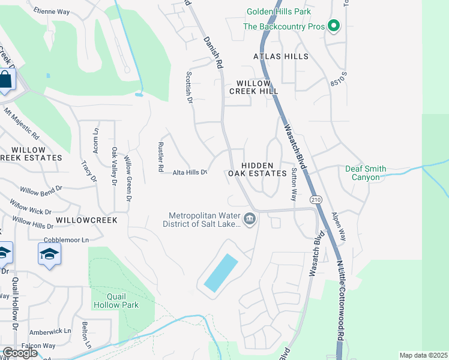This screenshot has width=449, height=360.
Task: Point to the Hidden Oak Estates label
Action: [x=258, y=169]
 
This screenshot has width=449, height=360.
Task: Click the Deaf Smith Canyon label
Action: [x=366, y=173]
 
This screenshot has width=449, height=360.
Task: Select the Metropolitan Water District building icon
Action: [x=250, y=220]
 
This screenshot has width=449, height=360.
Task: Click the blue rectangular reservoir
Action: [x=220, y=273]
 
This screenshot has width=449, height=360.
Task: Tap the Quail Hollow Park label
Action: [x=116, y=300]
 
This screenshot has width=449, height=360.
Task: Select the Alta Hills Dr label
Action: [x=190, y=172]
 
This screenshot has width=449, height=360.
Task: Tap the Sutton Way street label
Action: [x=294, y=184]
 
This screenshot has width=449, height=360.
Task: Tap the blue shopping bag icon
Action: [x=5, y=80]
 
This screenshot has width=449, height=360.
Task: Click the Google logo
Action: [x=20, y=353]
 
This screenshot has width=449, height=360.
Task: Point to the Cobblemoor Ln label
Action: [x=68, y=239]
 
